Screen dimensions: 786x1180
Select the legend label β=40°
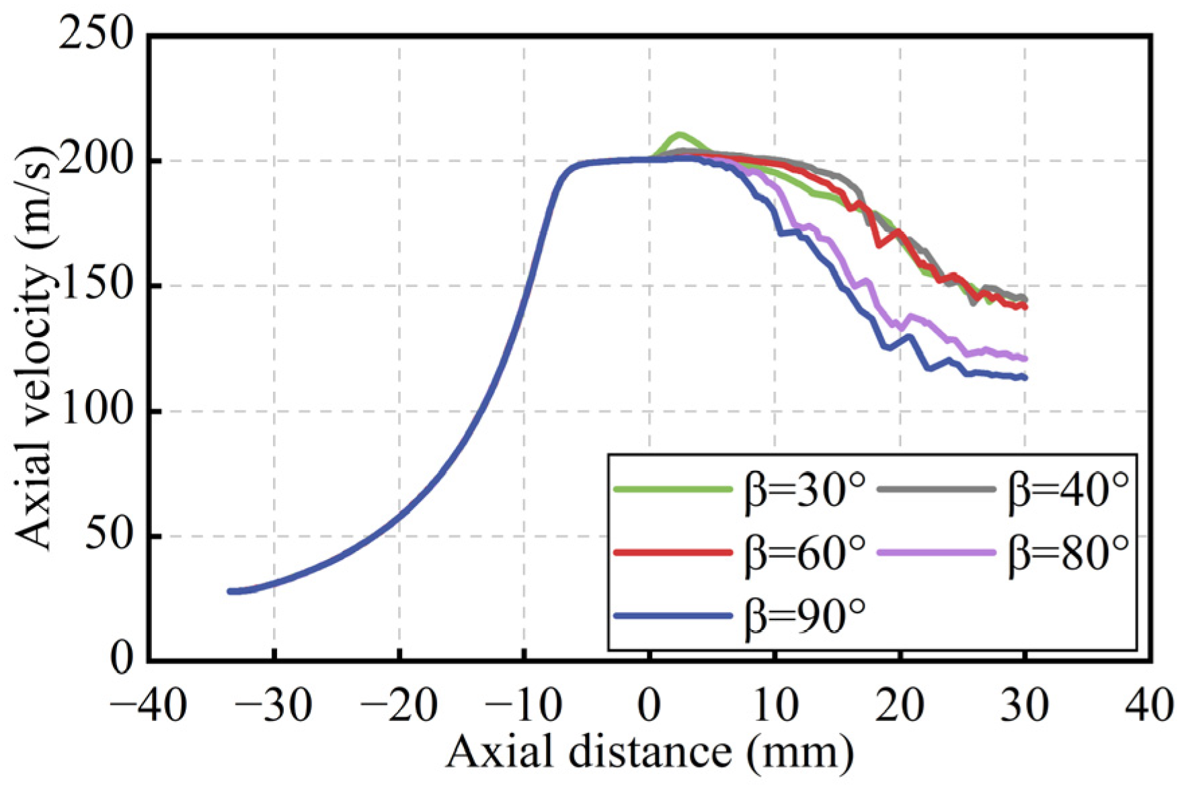[x=1068, y=490]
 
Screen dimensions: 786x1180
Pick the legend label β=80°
[x=1068, y=552]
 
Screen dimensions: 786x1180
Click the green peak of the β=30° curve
[x=679, y=135]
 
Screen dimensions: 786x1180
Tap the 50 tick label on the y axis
[x=108, y=536]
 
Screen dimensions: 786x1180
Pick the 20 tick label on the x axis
[x=900, y=706]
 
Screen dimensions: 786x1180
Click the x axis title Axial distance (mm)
[x=649, y=752]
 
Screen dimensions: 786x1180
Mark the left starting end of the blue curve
[x=231, y=591]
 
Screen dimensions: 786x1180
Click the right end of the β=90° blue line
[x=1025, y=378]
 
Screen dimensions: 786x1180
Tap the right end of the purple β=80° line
[x=1025, y=359]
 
